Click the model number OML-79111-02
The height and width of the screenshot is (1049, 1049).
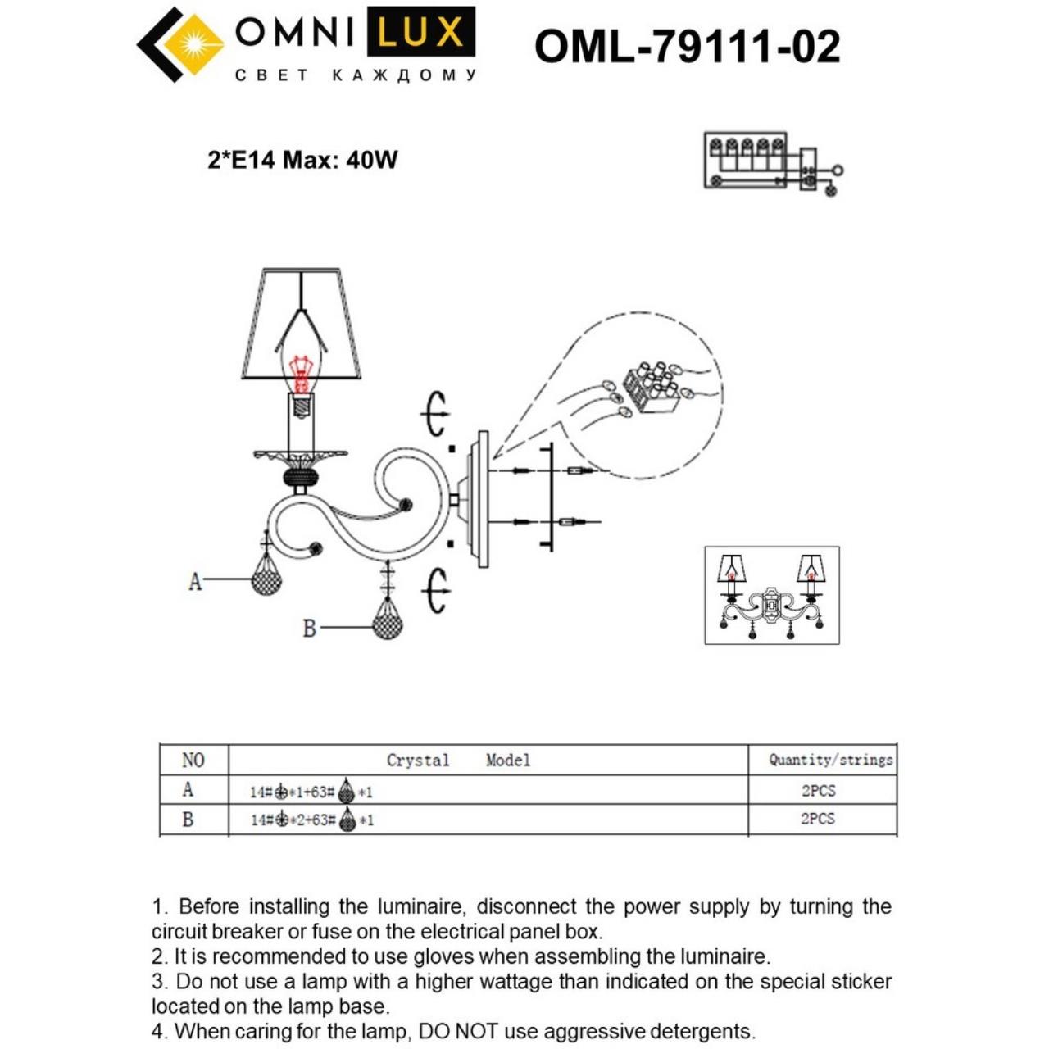687,46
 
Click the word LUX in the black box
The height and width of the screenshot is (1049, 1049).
420,33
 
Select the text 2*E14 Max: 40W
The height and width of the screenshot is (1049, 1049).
302,159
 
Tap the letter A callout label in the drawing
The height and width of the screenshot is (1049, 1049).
195,581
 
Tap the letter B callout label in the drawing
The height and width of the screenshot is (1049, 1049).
309,629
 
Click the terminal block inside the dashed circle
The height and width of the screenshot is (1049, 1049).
652,391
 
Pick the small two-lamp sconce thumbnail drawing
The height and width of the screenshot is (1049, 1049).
771,595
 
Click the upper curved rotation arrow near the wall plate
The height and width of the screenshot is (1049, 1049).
437,414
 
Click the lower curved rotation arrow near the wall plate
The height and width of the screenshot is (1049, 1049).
437,588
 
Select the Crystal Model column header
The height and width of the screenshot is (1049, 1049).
458,761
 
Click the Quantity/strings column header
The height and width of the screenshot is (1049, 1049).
830,760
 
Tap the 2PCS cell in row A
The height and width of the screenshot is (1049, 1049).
818,791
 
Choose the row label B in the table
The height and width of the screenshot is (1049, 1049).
188,820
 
